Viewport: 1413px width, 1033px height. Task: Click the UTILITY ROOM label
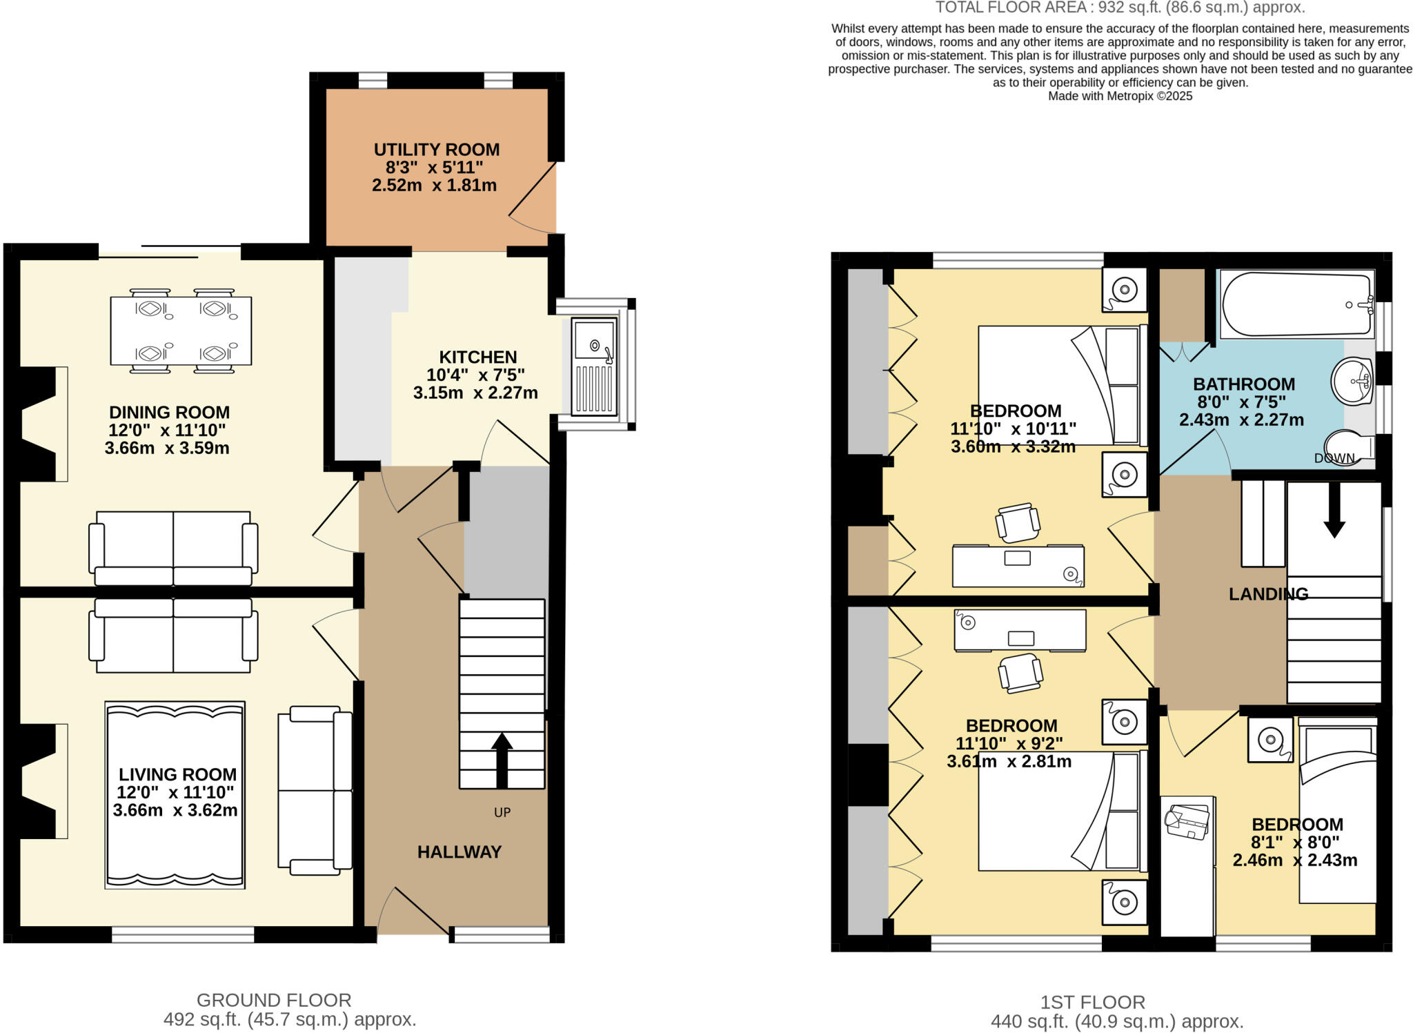coord(436,150)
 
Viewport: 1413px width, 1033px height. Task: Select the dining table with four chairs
coord(181,331)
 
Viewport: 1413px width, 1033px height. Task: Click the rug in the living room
coord(175,795)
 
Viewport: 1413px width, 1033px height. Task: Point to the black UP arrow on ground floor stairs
coord(502,760)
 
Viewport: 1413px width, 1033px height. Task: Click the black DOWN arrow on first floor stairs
coord(1334,511)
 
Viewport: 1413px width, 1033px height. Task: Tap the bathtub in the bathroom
coord(1296,304)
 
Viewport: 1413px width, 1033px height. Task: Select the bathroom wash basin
coord(1352,381)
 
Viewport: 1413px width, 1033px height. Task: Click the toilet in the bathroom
coord(1350,447)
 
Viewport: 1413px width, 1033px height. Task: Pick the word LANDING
coord(1268,594)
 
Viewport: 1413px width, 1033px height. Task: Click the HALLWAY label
coord(459,852)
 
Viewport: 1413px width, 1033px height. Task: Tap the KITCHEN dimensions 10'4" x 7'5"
coord(475,375)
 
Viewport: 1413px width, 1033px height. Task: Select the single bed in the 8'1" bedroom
coord(1337,811)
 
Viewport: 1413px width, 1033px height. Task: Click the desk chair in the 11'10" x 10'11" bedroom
coord(1018,522)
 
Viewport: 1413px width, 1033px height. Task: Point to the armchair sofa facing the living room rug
coord(315,790)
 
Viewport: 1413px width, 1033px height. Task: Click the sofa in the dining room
coord(173,549)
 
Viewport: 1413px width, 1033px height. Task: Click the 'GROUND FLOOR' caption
coord(274,1000)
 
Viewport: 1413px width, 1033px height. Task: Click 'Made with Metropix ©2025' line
coord(1120,96)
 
